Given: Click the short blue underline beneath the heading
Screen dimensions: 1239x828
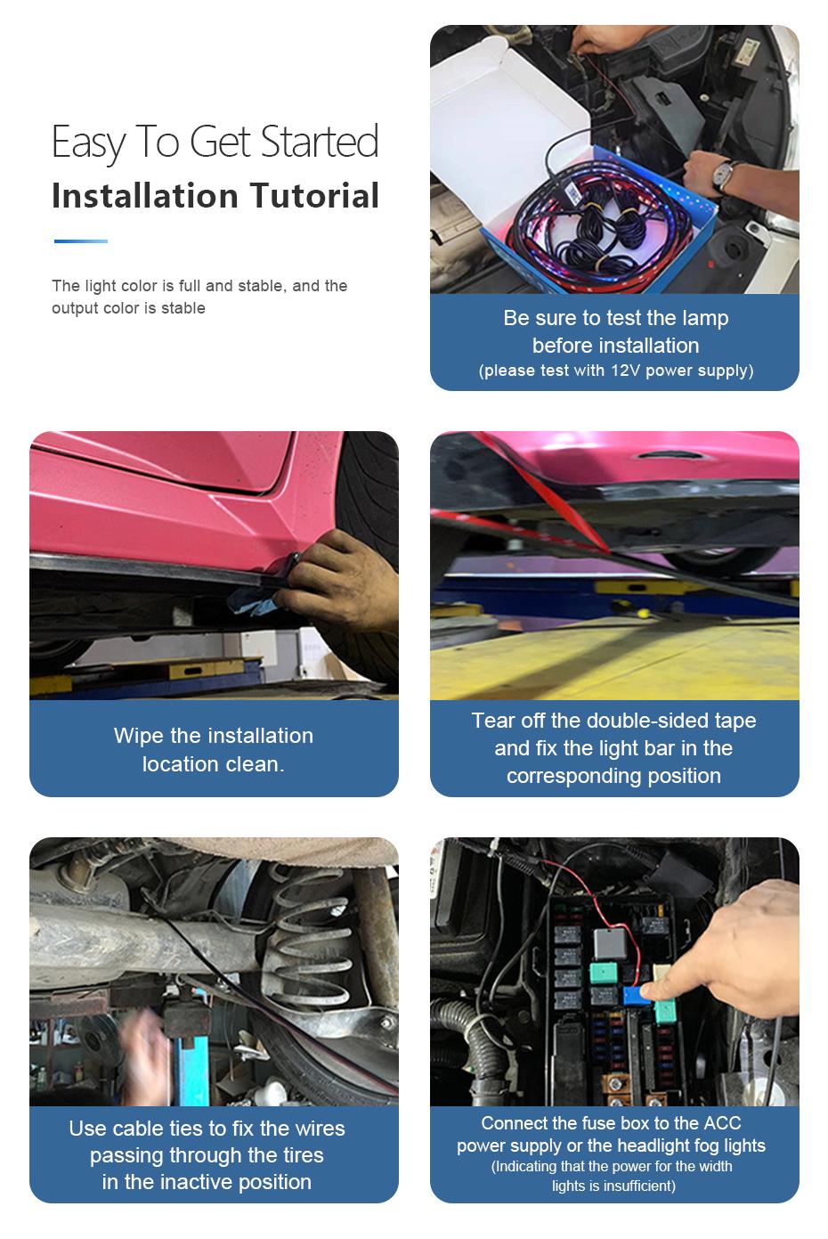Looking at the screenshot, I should tap(80, 240).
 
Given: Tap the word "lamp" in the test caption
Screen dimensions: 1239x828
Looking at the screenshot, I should tap(705, 318).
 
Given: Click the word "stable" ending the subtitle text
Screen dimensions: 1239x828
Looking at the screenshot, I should tap(183, 308).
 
